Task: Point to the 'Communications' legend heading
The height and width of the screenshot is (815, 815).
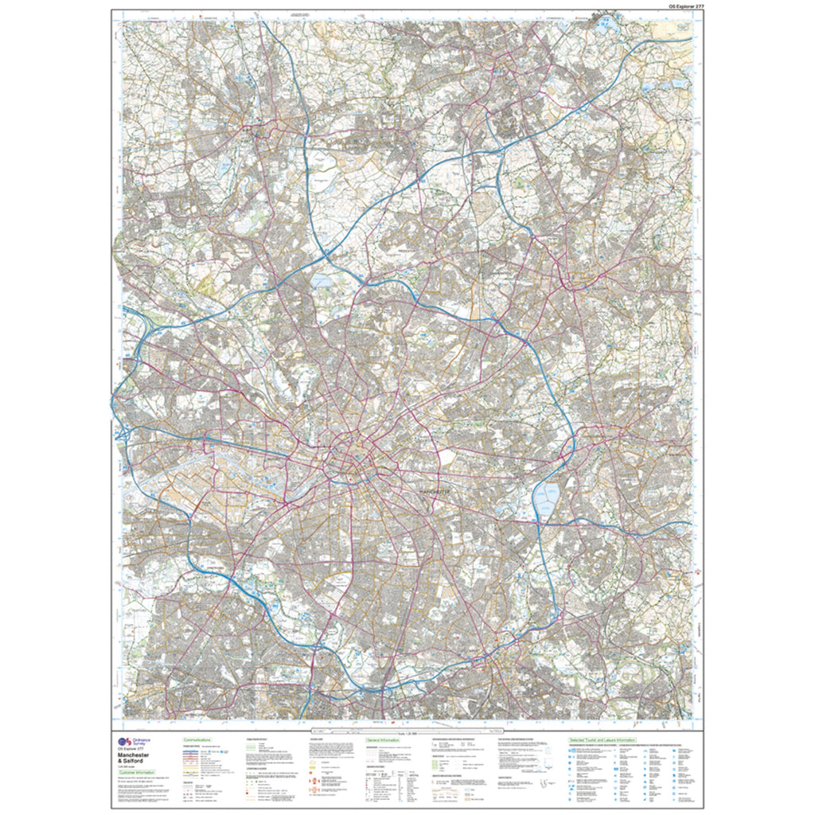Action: coord(197,739)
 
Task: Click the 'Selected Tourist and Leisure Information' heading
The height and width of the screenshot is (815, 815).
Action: coord(613,739)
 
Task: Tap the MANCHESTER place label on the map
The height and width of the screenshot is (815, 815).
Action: coord(434,493)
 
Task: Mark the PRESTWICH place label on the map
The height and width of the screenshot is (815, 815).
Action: coord(407,249)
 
